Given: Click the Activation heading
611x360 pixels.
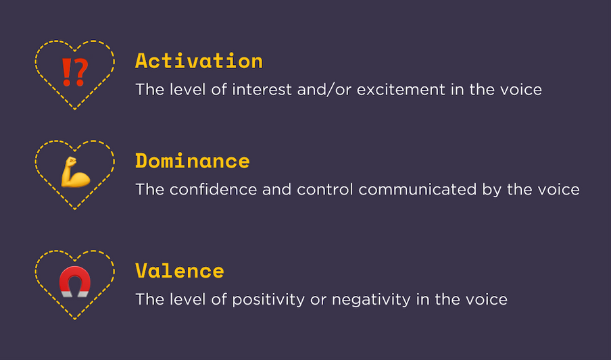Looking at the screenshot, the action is click(199, 61).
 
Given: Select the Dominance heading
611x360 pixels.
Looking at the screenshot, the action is click(193, 161).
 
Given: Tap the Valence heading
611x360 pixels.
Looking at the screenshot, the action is click(180, 270).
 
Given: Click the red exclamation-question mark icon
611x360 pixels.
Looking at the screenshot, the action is click(75, 72).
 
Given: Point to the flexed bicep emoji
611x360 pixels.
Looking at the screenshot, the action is click(75, 172).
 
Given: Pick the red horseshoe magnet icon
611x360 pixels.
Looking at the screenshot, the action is click(75, 282).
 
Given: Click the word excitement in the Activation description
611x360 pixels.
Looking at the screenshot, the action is click(401, 90).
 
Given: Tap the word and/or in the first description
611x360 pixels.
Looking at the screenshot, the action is click(324, 90).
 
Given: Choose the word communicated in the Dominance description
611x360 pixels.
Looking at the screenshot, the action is click(418, 189).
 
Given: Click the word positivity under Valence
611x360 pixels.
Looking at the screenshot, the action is click(268, 300).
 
